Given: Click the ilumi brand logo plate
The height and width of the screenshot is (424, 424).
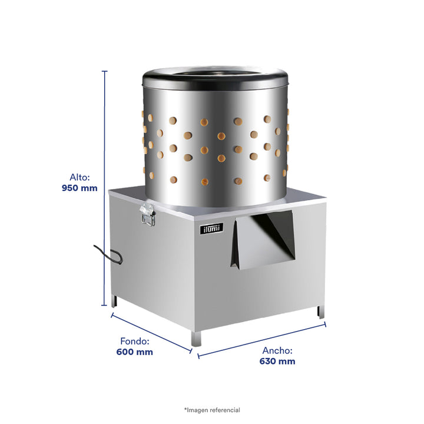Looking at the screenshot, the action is coord(212,228).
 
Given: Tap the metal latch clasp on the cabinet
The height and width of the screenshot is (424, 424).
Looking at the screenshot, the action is coord(148,214).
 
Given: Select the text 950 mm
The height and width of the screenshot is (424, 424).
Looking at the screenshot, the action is coord(79,188).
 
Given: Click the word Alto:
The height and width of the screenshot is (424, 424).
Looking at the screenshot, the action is coord(79,177).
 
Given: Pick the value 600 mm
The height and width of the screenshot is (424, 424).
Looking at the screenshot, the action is coord(135,352).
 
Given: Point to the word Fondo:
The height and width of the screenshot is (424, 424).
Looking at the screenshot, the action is coord(135,341).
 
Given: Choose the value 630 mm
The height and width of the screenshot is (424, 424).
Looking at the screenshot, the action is coord(277,361).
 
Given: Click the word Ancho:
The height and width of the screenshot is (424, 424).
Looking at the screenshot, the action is coord(277,350).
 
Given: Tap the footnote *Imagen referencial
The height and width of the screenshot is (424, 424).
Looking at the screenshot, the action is coord(212,410).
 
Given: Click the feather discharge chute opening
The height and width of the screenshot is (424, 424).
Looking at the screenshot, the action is coord(263,239).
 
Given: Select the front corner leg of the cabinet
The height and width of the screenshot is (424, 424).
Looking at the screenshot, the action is coord(196,339).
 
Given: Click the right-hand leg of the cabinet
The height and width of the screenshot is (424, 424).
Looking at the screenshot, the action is coord(321,312).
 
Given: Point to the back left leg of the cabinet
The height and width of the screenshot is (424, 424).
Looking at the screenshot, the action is coord(114,301).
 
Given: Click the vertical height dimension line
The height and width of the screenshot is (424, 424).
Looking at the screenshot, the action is coord(104,188).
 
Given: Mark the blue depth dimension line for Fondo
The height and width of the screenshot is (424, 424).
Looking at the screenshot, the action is coord(151,333).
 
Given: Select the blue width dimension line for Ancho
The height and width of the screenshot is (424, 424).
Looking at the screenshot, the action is coord(261,340).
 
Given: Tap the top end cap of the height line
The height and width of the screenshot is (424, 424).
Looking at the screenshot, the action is coord(104,71).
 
